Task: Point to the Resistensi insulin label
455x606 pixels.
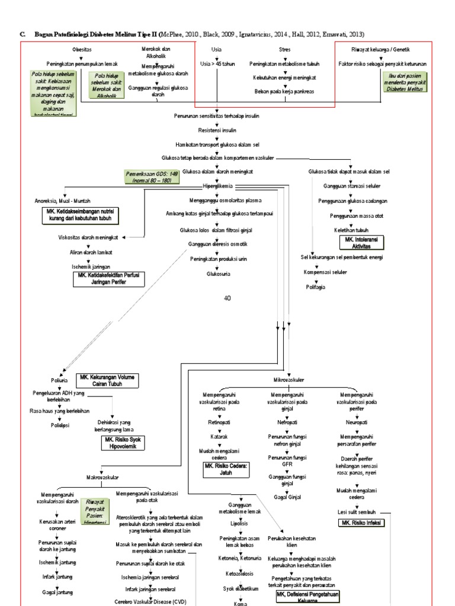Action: (x=217, y=130)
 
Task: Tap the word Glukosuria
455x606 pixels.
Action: (x=218, y=274)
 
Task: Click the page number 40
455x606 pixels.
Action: (x=227, y=298)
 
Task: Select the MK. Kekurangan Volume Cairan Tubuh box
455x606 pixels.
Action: (x=107, y=381)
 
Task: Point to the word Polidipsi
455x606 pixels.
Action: (x=51, y=424)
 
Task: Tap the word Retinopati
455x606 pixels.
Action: (x=219, y=423)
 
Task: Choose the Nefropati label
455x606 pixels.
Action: (x=287, y=423)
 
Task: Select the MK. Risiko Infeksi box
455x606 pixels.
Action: (x=361, y=523)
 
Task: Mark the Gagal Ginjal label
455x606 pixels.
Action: (x=287, y=499)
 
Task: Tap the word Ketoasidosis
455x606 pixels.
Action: (x=240, y=573)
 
